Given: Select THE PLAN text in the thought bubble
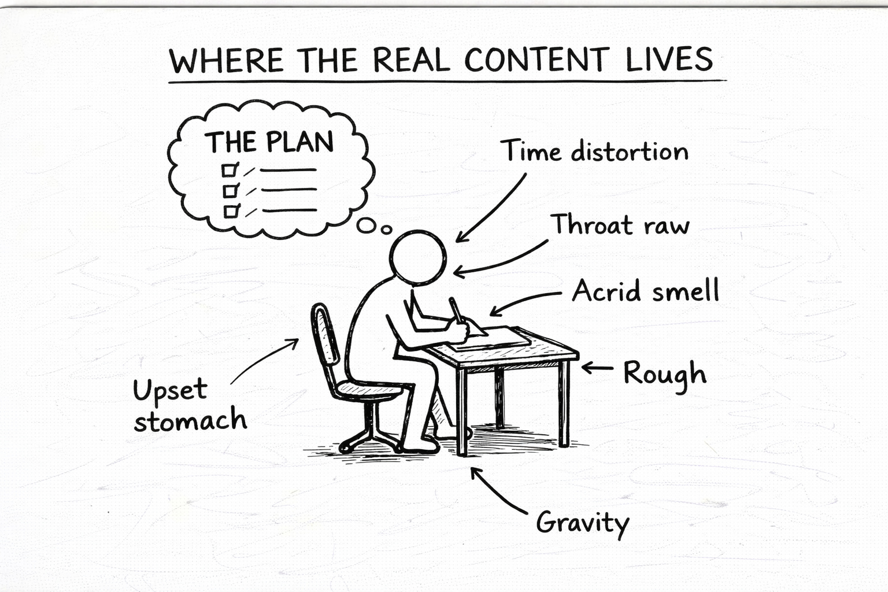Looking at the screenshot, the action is [270, 142].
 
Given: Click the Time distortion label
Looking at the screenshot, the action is [595, 151].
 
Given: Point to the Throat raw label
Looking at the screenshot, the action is [620, 224].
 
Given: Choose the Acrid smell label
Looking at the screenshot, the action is [646, 290].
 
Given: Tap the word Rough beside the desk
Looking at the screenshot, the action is [665, 374].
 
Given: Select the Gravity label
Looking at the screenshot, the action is [582, 523].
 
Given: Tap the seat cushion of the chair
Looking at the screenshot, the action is [369, 388].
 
